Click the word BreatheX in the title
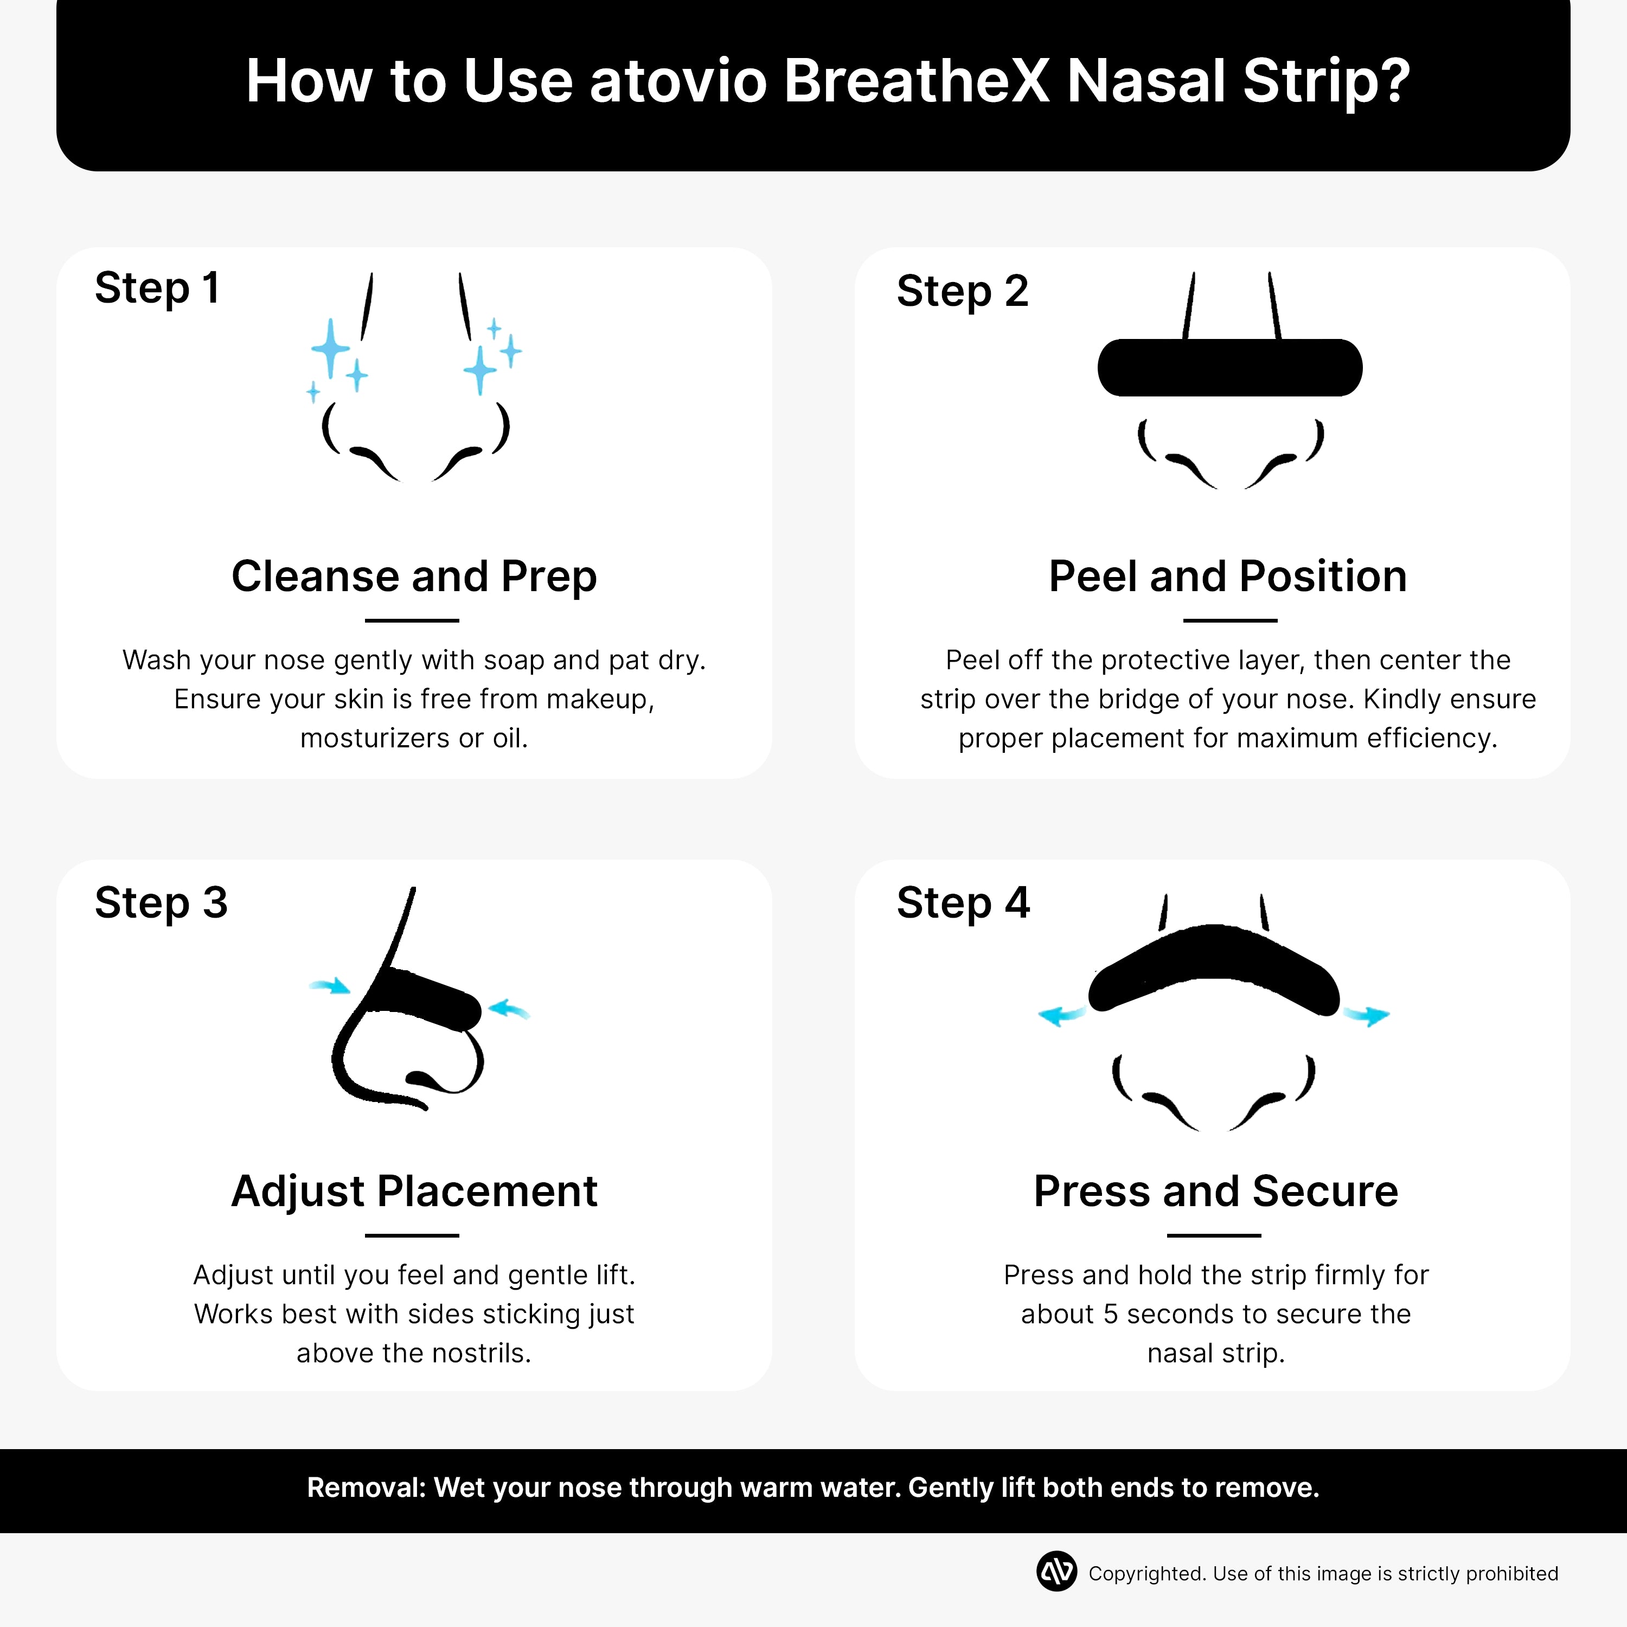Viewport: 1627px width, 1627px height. tap(916, 82)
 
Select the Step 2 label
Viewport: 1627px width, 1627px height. tap(962, 291)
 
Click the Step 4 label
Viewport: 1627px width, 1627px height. tap(963, 903)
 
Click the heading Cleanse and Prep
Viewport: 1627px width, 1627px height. tap(413, 577)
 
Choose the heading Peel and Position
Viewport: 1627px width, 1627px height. tap(1227, 577)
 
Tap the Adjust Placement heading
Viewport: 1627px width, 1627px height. tap(413, 1192)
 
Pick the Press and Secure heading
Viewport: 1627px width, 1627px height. tap(1215, 1192)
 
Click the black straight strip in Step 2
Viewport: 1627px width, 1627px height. tap(1229, 367)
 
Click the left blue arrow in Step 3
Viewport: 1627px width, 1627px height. tap(330, 986)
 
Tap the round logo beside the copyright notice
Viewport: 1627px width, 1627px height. tap(1056, 1572)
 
